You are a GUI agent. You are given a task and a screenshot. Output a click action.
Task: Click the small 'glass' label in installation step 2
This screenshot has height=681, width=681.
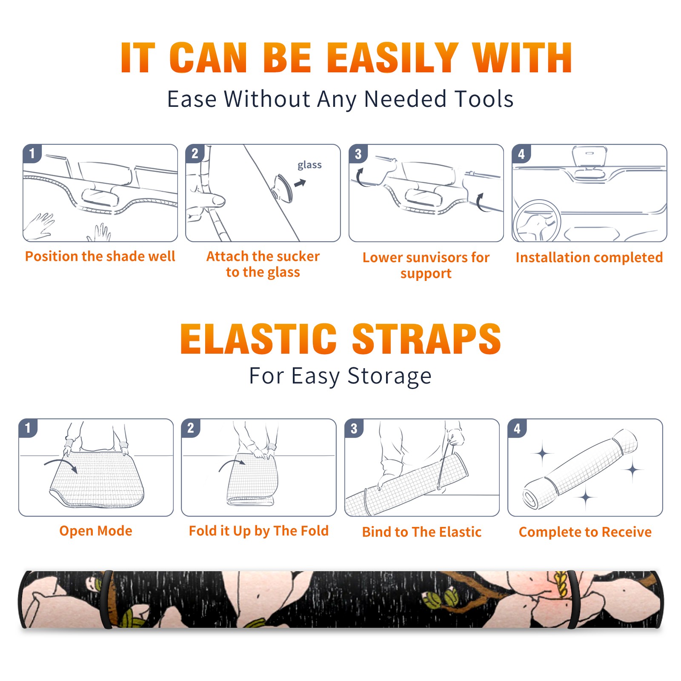(x=309, y=165)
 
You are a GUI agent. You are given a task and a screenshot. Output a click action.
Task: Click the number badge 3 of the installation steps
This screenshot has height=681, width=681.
(x=358, y=154)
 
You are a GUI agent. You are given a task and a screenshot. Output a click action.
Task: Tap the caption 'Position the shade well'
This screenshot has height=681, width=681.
(x=100, y=256)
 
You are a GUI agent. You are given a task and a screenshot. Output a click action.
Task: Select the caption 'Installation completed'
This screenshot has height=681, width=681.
(x=589, y=258)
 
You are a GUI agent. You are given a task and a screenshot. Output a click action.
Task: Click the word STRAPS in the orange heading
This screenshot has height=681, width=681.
(x=426, y=339)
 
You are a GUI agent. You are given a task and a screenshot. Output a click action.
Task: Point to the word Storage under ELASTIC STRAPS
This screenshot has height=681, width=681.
(x=389, y=376)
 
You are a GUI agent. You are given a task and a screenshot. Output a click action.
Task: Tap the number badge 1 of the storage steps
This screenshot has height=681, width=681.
(x=28, y=428)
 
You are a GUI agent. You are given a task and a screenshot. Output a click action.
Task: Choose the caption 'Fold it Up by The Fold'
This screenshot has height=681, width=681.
(x=259, y=531)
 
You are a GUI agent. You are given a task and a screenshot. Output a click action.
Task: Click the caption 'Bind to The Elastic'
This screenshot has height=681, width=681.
(x=422, y=532)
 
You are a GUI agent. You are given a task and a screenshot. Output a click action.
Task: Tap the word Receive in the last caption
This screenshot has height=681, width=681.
(x=627, y=532)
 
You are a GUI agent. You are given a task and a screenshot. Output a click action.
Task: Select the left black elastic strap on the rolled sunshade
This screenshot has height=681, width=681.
(x=106, y=599)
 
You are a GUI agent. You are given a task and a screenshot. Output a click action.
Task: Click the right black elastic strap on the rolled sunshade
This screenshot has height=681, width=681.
(x=573, y=599)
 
